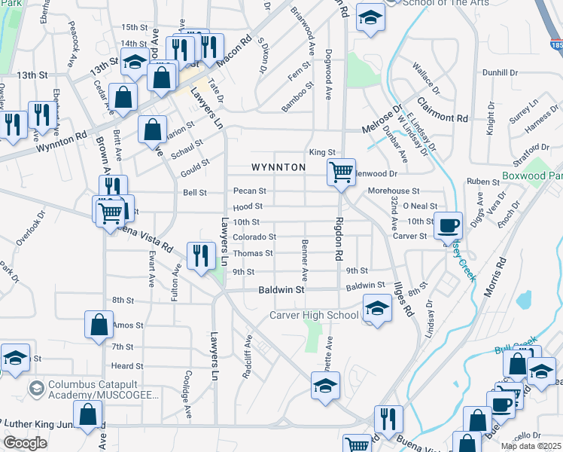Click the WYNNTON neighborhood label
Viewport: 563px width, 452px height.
(x=278, y=166)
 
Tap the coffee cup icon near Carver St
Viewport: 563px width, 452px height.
(x=449, y=224)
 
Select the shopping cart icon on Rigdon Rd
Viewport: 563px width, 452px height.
(x=341, y=171)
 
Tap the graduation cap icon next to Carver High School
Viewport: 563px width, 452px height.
(x=377, y=307)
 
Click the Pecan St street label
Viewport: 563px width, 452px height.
(x=250, y=191)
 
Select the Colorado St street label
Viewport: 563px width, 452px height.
(x=254, y=237)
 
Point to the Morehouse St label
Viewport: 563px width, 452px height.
(x=393, y=191)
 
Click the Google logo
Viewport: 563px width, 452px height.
(x=25, y=443)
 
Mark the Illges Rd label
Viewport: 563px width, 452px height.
(x=403, y=298)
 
